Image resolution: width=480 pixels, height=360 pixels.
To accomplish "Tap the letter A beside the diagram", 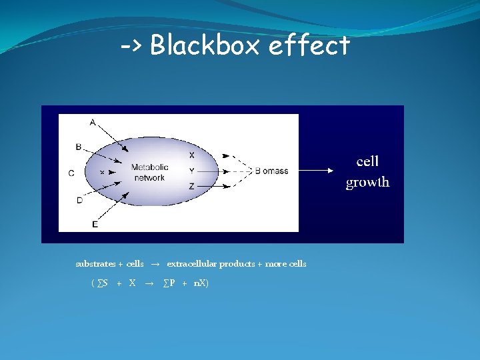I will tap(92, 121).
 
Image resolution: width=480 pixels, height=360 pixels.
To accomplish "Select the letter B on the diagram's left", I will tap(79, 147).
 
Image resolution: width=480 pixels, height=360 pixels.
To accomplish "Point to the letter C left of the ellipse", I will tap(71, 173).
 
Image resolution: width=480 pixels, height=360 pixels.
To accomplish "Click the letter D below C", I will tap(79, 199).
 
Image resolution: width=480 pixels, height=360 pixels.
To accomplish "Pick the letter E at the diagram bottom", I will tap(95, 225).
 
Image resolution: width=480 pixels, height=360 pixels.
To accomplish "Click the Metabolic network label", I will tap(149, 173).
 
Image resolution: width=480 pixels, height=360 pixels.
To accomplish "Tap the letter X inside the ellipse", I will tap(192, 155).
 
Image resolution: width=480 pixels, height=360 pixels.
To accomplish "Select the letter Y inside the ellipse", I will tap(192, 171).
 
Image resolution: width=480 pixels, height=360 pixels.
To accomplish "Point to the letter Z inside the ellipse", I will tap(192, 187).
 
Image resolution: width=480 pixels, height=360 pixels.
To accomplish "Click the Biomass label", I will tap(271, 171).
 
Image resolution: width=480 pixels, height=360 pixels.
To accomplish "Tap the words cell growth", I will tap(367, 172).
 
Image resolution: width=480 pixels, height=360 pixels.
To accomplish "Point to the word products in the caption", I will tap(239, 264).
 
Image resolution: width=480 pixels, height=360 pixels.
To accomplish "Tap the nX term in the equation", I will tap(200, 283).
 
